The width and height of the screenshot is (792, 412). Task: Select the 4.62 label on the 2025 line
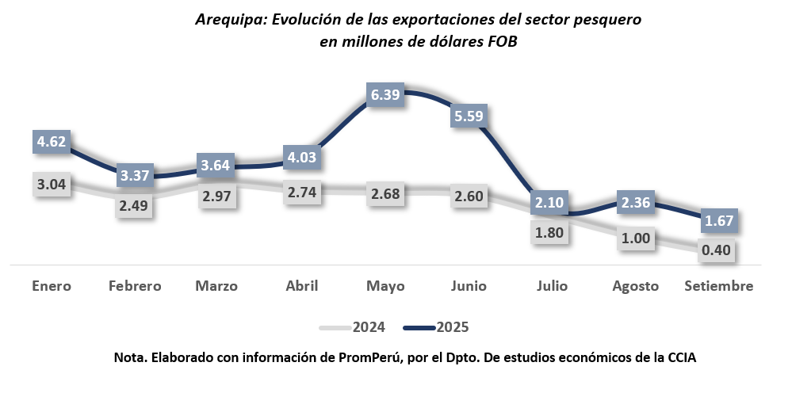point(52,143)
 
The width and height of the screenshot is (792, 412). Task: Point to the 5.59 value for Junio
point(469,116)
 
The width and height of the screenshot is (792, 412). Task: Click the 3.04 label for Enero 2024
point(52,185)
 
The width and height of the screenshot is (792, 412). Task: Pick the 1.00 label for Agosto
point(637,238)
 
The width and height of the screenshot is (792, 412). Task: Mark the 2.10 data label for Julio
point(549,203)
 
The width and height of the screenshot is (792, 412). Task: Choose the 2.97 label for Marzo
point(216,196)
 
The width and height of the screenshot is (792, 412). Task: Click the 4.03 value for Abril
point(302,157)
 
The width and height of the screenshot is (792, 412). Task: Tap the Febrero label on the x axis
point(135,286)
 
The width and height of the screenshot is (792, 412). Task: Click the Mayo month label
point(386,286)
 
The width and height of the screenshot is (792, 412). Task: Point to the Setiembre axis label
point(718,286)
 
